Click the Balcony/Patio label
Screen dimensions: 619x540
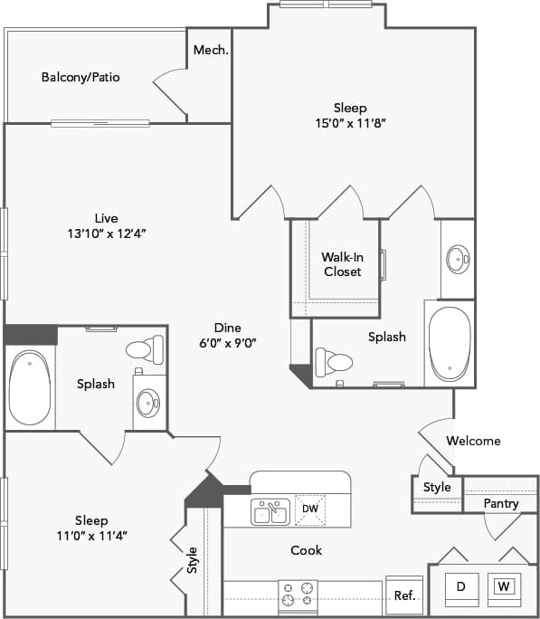click(81, 77)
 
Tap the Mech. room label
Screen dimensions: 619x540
click(210, 50)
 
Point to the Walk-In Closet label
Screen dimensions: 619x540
click(342, 264)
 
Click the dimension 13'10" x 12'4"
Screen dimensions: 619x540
click(107, 233)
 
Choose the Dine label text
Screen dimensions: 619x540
click(227, 328)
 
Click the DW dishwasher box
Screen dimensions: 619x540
click(309, 509)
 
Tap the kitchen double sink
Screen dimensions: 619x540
click(270, 512)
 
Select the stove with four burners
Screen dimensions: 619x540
click(298, 594)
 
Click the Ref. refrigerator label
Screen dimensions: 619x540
click(403, 596)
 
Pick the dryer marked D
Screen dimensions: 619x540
click(460, 587)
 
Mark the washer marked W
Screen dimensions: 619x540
click(504, 587)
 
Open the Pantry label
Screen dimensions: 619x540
click(500, 503)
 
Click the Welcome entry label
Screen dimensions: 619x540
click(474, 441)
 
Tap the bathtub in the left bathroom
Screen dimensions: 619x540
click(30, 389)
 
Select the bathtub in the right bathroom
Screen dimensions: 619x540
click(449, 345)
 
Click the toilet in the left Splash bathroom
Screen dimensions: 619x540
click(146, 348)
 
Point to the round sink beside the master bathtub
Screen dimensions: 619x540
click(458, 260)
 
